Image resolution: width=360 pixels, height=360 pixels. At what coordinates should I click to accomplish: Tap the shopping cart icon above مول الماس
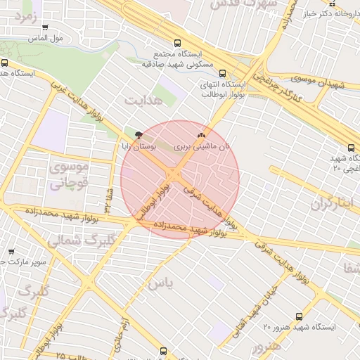click(46, 28)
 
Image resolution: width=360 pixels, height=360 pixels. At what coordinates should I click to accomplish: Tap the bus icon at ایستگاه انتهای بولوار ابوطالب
click(223, 72)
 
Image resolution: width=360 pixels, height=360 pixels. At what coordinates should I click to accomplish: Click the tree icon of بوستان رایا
click(139, 133)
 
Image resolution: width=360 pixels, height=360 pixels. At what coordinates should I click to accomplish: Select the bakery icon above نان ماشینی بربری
click(202, 134)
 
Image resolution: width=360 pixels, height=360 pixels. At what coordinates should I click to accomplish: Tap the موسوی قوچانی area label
click(68, 175)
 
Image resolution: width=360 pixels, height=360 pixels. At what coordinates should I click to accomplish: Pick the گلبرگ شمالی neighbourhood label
click(74, 240)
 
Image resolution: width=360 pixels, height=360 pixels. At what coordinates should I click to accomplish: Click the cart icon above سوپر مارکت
click(11, 251)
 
